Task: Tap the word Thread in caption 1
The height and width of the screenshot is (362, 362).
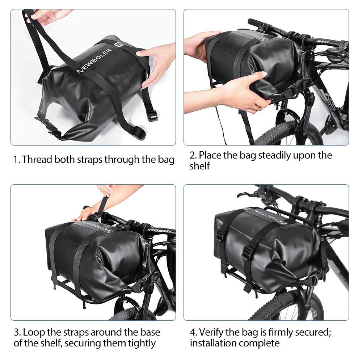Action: click(37, 160)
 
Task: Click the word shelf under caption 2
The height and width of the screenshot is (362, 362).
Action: click(200, 166)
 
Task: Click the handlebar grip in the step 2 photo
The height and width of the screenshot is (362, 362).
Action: click(257, 23)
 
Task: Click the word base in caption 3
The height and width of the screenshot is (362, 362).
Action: click(150, 332)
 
